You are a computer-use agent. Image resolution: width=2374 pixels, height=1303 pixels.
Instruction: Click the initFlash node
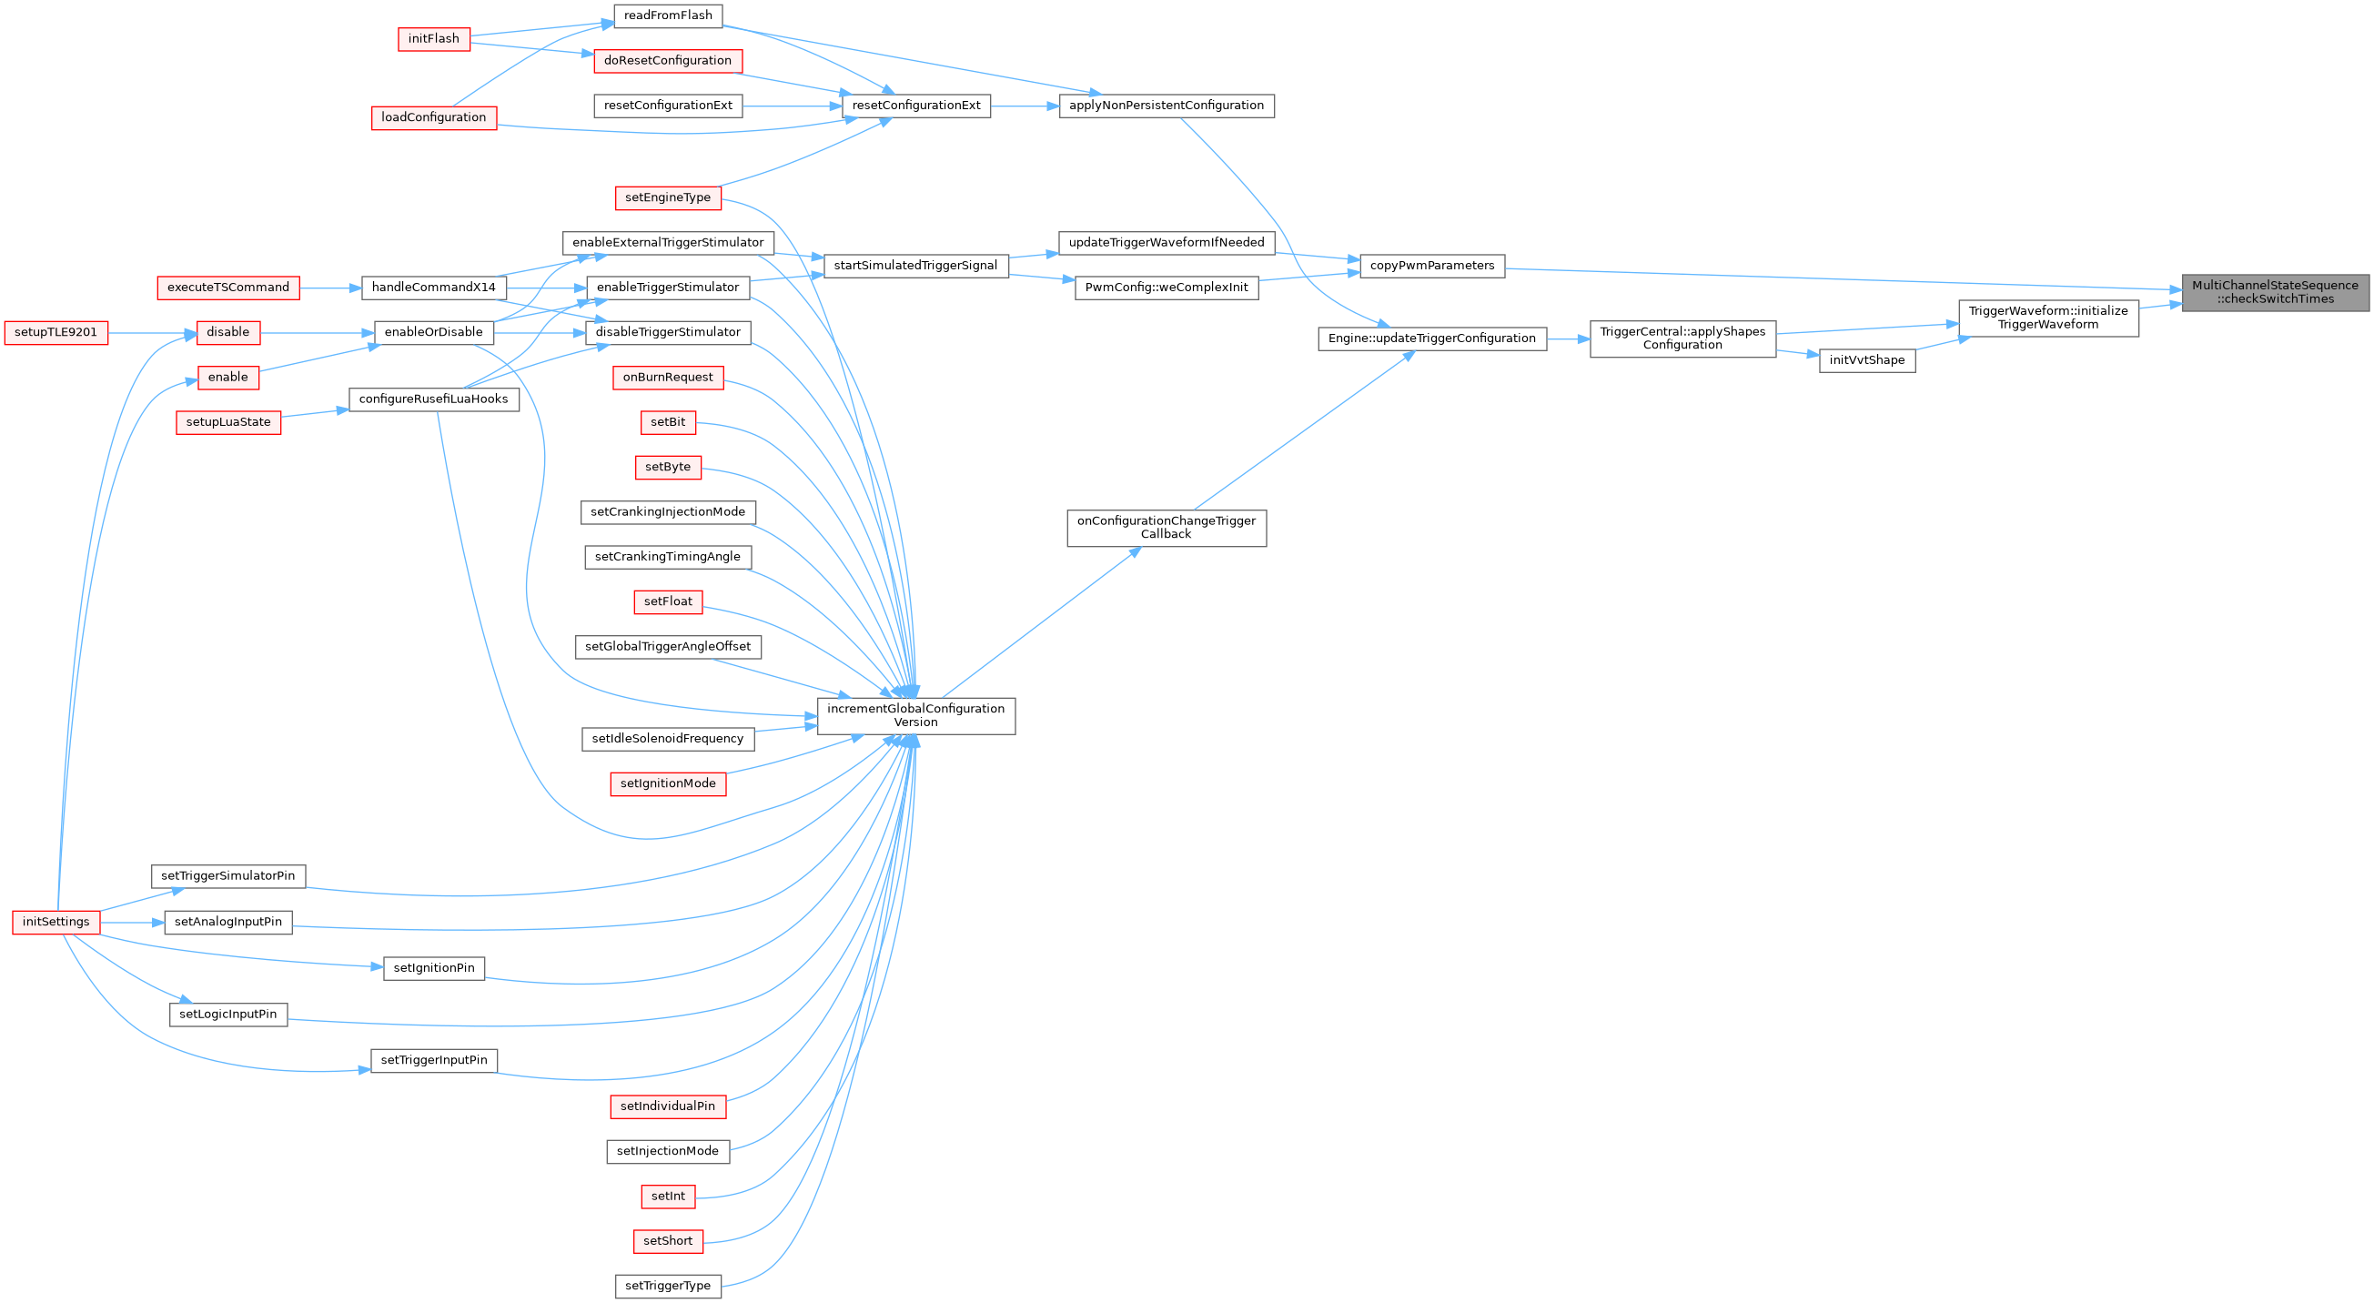434,40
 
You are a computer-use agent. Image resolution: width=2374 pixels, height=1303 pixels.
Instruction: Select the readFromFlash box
668,15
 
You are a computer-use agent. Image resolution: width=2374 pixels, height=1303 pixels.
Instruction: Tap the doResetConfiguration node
668,61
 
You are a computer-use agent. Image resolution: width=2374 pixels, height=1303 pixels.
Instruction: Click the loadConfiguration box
434,118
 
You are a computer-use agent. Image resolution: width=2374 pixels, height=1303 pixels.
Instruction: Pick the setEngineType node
668,198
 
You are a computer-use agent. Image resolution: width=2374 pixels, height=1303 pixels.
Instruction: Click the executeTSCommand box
228,288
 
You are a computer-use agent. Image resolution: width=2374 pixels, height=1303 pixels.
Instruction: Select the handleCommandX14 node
434,288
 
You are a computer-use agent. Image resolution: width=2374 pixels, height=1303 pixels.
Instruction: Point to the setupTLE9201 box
56,333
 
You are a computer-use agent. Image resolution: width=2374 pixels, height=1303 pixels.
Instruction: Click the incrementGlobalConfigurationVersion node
916,716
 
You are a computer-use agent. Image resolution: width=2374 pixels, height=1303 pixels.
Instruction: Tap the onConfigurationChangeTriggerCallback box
1166,528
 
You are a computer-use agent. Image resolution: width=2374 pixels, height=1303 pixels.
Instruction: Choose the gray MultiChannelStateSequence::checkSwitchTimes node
2275,293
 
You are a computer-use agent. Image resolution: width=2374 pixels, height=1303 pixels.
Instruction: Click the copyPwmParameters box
1432,266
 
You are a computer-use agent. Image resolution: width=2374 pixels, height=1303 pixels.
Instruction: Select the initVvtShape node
1867,360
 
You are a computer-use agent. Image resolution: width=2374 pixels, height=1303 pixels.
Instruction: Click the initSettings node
56,923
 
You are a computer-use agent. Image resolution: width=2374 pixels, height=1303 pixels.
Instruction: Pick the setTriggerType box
668,1287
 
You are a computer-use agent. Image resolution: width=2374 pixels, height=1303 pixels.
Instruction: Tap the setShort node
668,1241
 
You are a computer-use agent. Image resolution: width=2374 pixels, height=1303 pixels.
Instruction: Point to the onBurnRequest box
668,378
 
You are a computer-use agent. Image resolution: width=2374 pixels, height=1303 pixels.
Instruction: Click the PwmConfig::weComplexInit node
1166,288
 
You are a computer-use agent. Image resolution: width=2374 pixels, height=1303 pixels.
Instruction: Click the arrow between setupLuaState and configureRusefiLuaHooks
314,415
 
